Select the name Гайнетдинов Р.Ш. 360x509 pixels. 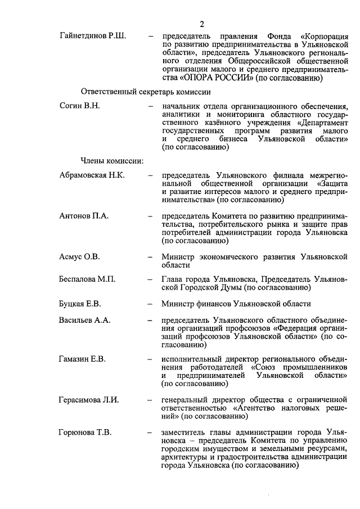[92, 36]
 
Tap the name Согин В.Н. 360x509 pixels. [79, 106]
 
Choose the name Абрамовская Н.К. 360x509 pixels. [92, 175]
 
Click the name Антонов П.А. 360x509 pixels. [84, 216]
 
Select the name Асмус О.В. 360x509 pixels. [79, 257]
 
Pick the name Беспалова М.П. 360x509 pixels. [87, 279]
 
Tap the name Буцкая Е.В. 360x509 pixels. [80, 304]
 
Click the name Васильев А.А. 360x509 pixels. [85, 321]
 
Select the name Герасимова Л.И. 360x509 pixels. [89, 400]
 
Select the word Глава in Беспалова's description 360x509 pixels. [173, 279]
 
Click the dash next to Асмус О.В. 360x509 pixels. [150, 257]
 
